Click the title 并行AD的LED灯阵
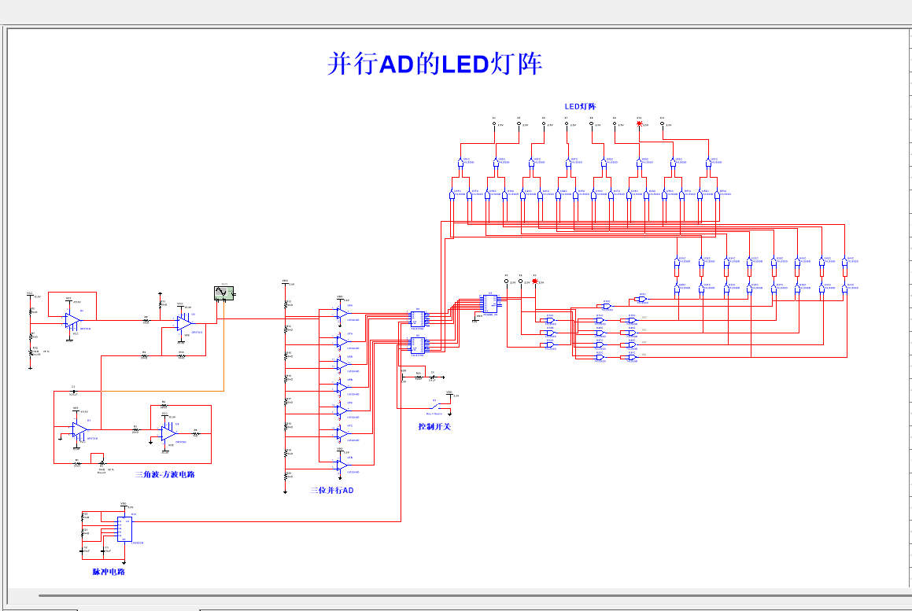[434, 64]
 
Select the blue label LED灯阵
[580, 106]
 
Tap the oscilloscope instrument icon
[224, 293]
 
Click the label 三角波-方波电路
[164, 474]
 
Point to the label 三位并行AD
[331, 490]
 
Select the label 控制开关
[434, 426]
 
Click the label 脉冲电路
[108, 572]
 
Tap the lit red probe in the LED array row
[639, 123]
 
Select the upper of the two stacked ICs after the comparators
[418, 318]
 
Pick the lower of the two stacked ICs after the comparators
[418, 344]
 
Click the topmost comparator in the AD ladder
[342, 313]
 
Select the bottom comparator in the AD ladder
[342, 466]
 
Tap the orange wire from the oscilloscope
[223, 346]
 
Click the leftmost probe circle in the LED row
[494, 123]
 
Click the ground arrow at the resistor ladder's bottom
[285, 491]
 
